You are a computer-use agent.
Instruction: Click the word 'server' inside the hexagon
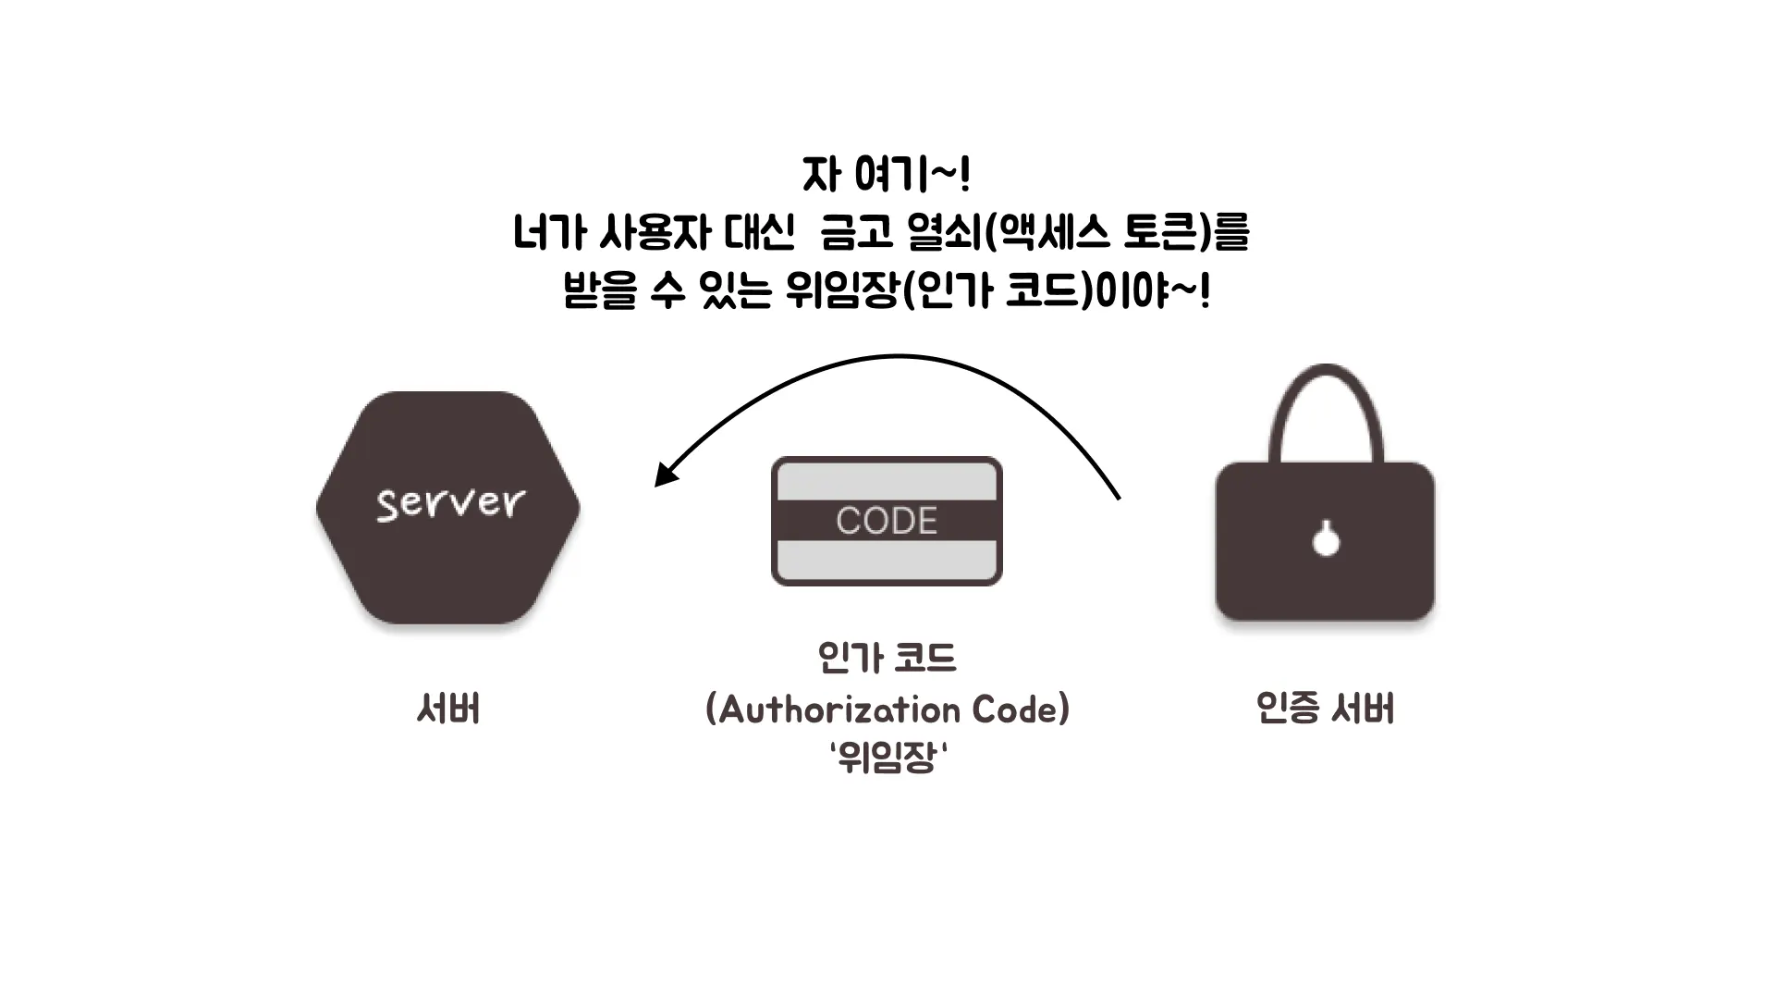[450, 502]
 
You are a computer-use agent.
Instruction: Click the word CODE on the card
[887, 521]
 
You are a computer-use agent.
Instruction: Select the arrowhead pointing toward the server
[664, 475]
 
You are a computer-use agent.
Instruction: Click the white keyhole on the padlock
[1326, 539]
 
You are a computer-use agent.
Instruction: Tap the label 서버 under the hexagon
[448, 709]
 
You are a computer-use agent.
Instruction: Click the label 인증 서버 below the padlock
[1325, 709]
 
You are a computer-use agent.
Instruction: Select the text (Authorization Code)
[887, 709]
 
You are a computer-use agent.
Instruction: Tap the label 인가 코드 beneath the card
[887, 658]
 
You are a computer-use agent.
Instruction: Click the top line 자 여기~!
[886, 174]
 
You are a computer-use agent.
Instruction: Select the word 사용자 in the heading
[655, 232]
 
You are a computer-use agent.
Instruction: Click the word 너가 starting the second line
[549, 232]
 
